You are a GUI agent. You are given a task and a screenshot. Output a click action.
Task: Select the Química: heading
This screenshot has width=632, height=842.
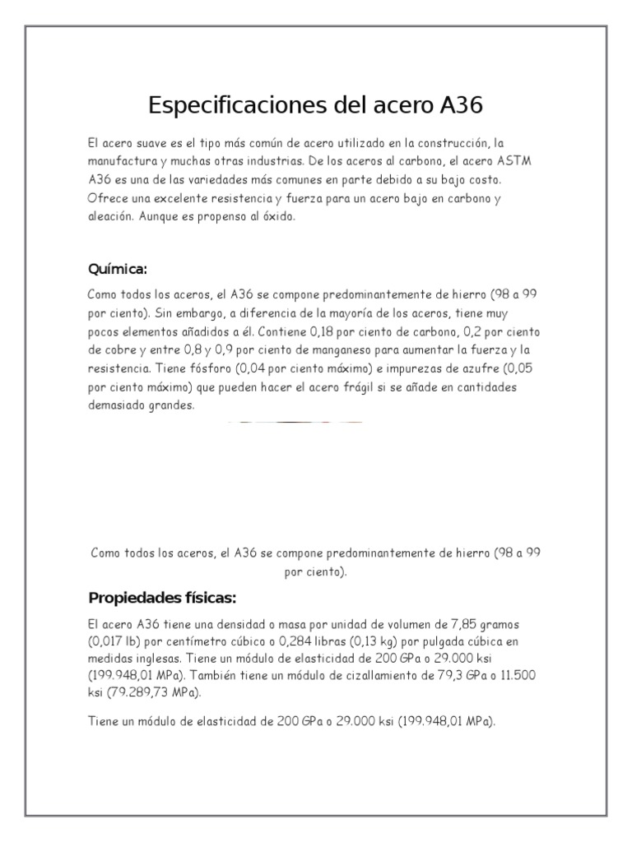[118, 270]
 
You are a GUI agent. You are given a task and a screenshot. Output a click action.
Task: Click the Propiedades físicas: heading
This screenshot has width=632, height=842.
[162, 596]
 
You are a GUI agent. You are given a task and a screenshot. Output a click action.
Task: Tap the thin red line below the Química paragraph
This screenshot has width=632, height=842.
[292, 422]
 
